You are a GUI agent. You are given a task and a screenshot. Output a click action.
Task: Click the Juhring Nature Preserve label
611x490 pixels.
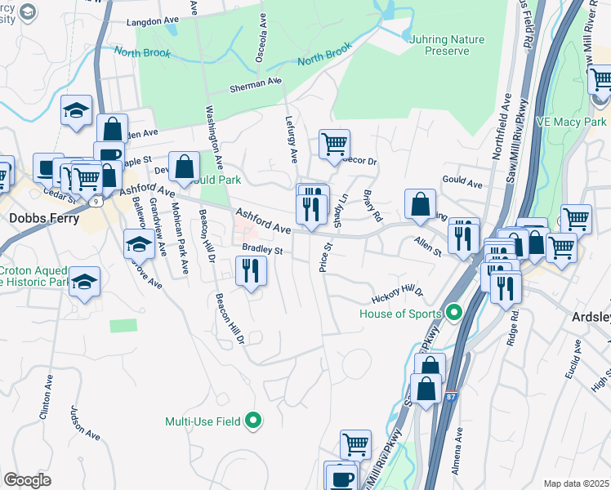tap(448, 45)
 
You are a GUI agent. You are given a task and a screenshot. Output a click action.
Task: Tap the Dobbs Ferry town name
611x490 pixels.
tap(44, 218)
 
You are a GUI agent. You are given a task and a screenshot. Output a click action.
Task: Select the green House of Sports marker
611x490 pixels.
tap(455, 313)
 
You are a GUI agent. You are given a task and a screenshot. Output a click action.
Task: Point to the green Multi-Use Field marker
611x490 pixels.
tap(254, 421)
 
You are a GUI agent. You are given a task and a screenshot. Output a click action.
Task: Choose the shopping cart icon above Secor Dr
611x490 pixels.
tap(334, 145)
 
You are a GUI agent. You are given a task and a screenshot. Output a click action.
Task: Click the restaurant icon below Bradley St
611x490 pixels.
tap(251, 270)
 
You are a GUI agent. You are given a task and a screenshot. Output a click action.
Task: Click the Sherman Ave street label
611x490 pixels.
tap(255, 84)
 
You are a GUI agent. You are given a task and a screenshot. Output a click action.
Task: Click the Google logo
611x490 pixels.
tap(27, 479)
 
